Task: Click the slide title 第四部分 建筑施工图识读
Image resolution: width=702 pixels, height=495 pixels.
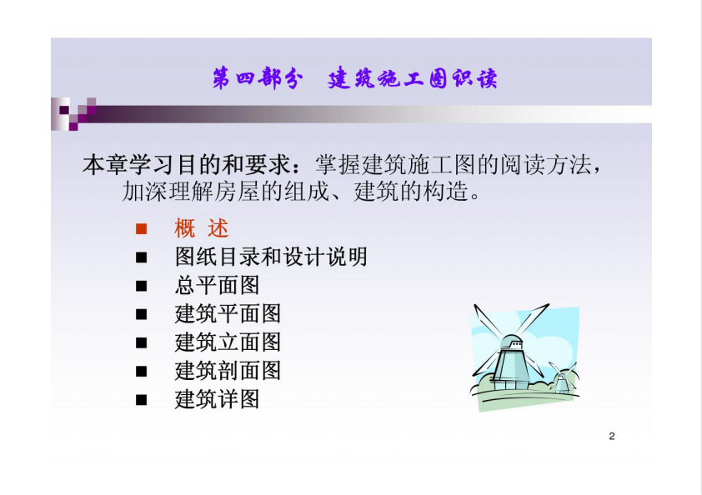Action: point(354,79)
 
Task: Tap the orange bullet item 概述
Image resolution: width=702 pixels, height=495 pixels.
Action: point(202,228)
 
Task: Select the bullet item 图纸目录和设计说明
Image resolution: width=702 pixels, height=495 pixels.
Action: point(271,257)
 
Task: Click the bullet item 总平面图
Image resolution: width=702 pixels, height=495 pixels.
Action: point(217,286)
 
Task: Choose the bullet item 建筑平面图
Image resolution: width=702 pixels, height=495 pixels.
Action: point(228,313)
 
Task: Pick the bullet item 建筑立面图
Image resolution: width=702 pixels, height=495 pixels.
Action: point(228,342)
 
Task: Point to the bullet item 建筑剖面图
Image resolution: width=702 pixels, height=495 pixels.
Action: point(228,371)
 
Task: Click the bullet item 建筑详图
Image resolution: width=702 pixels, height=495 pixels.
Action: point(217,399)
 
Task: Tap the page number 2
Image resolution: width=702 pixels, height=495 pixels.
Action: point(612,436)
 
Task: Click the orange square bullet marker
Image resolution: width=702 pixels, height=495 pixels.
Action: point(141,229)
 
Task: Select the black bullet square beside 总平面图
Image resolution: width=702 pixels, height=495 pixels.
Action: point(141,286)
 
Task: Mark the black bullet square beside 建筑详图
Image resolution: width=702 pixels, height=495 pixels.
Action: point(141,400)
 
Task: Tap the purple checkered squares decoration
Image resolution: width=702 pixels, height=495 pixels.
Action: point(73,113)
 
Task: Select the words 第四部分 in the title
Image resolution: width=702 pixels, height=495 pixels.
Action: point(258,79)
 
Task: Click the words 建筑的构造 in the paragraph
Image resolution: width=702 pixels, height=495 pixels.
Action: point(410,192)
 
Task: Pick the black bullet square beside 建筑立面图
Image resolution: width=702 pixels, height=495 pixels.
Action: point(141,342)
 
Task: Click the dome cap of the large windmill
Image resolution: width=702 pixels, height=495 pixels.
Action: point(510,341)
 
